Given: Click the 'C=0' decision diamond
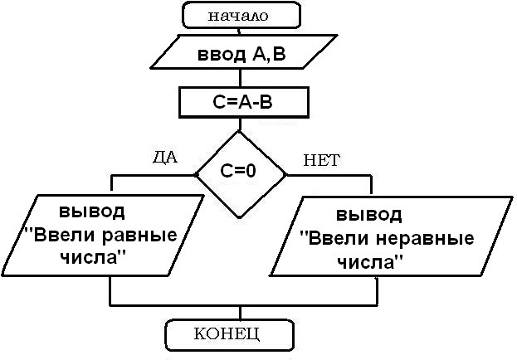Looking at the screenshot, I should click(x=239, y=173).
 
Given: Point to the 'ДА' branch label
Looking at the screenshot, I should click(x=165, y=157).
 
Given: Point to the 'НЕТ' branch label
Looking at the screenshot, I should click(x=322, y=160).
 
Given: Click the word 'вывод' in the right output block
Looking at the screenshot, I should click(x=369, y=213).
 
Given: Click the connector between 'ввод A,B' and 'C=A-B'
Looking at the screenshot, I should click(x=239, y=80).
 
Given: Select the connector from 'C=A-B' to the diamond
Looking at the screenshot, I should click(x=239, y=124).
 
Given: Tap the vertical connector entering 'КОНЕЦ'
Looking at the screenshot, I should click(x=239, y=312).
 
